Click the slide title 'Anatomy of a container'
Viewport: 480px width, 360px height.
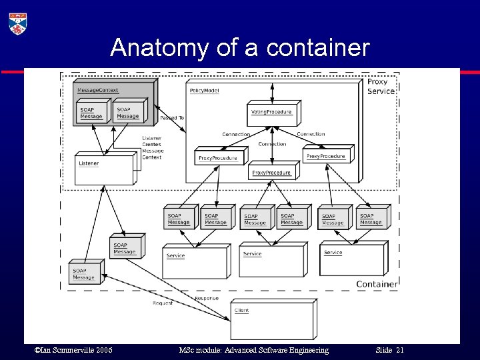[239, 48]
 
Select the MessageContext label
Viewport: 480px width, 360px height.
[98, 90]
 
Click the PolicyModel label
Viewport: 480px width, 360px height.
[204, 90]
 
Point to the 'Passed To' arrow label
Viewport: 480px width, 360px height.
[172, 118]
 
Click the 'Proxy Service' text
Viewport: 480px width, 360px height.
[381, 87]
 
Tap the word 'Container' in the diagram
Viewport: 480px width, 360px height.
[377, 284]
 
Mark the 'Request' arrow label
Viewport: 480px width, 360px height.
[162, 303]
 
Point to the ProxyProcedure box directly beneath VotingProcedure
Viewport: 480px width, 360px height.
[272, 172]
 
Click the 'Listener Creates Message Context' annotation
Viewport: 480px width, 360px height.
[152, 148]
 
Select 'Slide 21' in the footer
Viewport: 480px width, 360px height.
[390, 350]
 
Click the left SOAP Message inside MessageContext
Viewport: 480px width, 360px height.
[92, 113]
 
